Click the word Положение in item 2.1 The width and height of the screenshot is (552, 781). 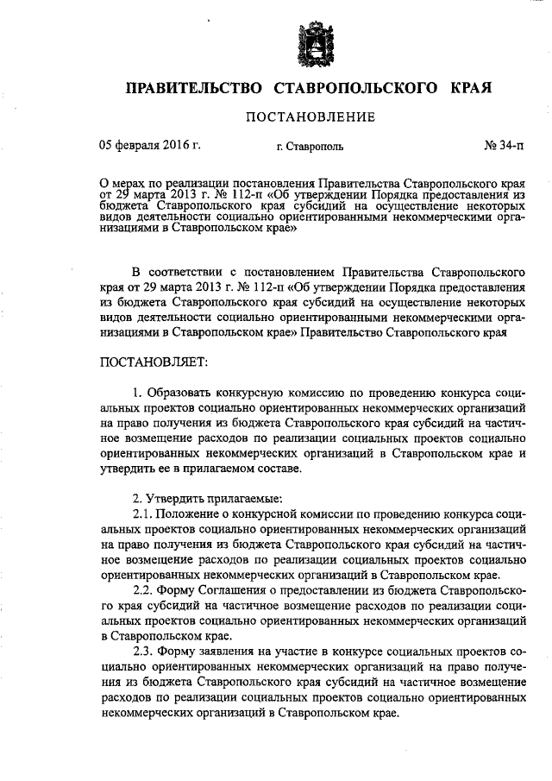click(x=187, y=518)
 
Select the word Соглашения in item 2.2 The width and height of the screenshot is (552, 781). click(x=242, y=592)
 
